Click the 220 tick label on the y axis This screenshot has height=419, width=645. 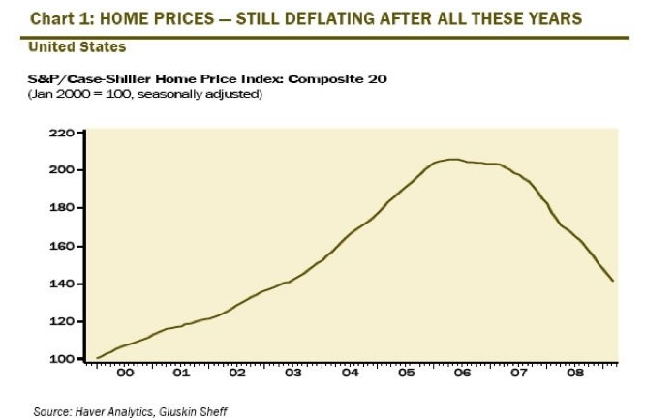tap(61, 133)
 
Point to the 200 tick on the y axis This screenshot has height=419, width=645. tap(61, 170)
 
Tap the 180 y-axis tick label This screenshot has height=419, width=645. tap(61, 208)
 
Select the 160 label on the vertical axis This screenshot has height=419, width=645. tap(61, 246)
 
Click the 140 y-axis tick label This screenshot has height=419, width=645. tap(61, 284)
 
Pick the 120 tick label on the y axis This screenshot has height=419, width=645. tap(61, 321)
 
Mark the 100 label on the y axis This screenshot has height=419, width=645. tap(61, 359)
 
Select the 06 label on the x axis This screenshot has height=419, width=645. tap(462, 372)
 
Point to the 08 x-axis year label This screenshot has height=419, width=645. tap(574, 372)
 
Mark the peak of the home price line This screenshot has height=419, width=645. tap(452, 160)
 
